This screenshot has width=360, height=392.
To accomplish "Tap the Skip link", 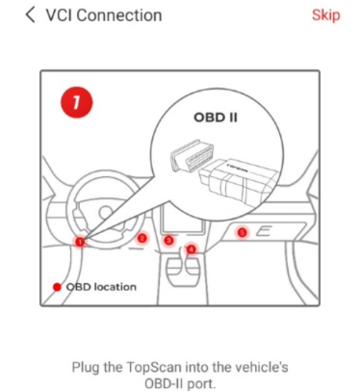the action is [x=325, y=15].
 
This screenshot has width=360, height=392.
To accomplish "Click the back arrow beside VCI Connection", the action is [x=30, y=15].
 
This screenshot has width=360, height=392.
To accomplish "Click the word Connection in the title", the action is [x=119, y=15].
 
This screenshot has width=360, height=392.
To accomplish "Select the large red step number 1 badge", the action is [x=76, y=102].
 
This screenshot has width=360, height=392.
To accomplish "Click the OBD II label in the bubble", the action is [x=216, y=118].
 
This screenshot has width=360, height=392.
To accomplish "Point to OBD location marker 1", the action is [x=80, y=242].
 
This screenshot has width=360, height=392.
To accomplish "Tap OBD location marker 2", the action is [x=141, y=238].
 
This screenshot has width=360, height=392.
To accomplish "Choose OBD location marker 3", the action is [x=168, y=240].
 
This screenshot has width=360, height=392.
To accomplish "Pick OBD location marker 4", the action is [x=192, y=249].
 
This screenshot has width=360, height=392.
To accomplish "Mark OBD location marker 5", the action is [x=243, y=232].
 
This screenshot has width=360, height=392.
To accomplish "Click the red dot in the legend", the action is [x=57, y=287].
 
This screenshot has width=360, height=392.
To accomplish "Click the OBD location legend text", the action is [x=101, y=287].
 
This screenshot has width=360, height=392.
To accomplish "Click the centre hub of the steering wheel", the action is [x=105, y=213].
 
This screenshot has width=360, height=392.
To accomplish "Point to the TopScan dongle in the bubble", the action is [x=236, y=181].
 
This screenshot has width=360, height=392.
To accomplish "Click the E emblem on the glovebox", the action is [x=264, y=231].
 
